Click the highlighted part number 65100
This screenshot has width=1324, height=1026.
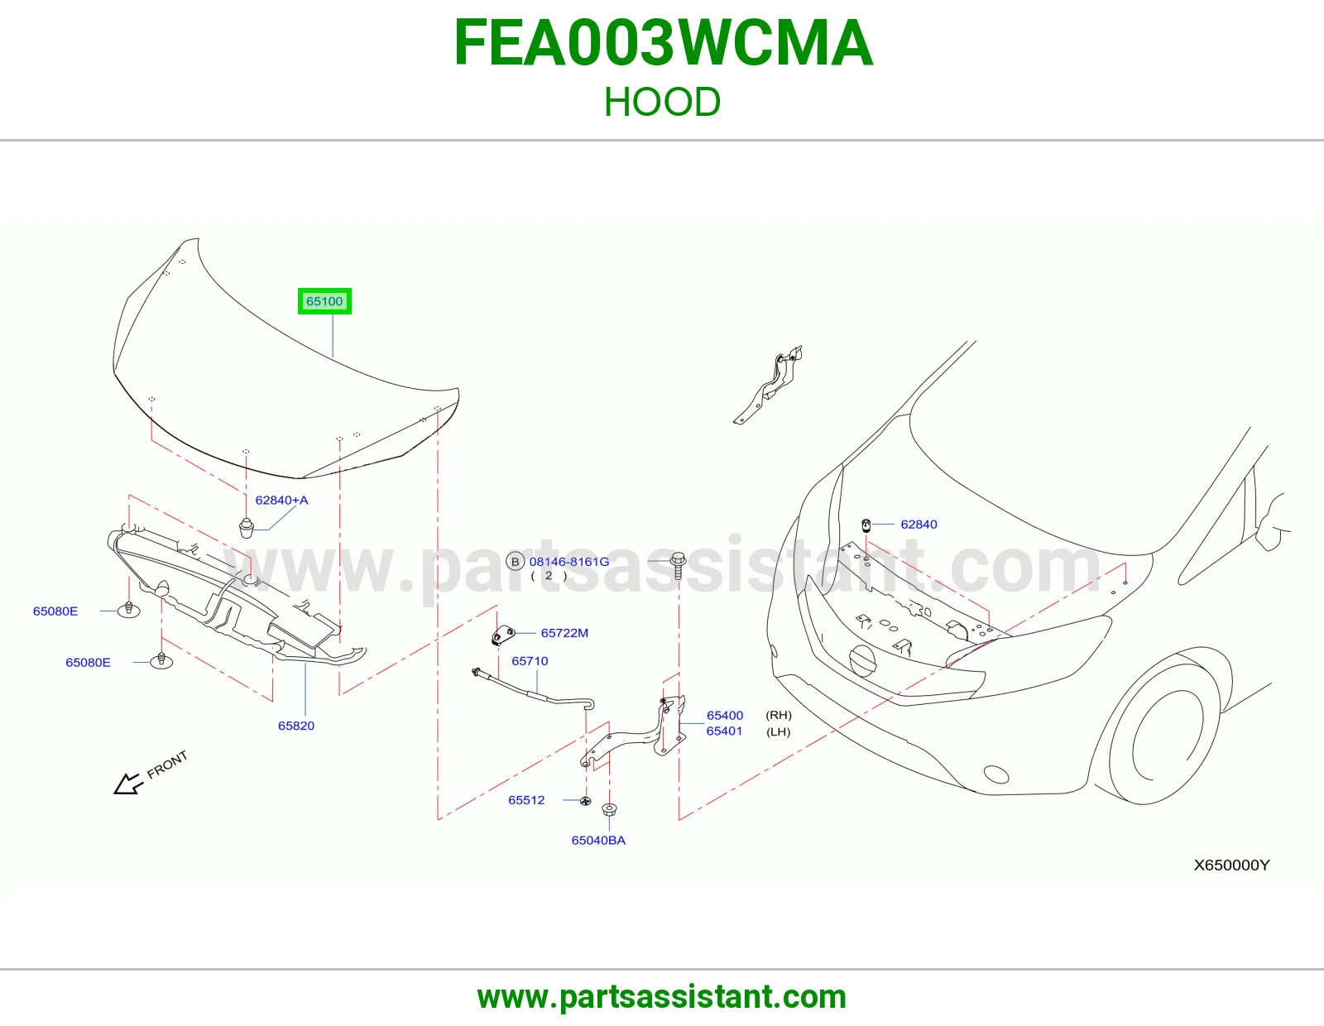324,301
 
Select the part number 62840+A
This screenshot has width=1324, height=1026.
281,501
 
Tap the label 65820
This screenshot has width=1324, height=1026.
296,726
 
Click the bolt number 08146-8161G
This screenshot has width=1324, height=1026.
569,562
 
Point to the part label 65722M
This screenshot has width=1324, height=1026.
564,633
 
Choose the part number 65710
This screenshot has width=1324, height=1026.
530,661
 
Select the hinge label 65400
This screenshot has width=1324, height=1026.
724,715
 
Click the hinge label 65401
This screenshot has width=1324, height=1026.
724,731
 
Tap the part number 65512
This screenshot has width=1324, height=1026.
526,800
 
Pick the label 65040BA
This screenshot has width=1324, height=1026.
598,840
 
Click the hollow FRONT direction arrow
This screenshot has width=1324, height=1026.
128,784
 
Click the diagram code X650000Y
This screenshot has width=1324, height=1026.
1231,865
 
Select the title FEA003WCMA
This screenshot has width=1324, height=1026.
663,43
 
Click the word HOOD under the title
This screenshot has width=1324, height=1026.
662,102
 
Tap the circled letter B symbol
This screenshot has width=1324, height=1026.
516,562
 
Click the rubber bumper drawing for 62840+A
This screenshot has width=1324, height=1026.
246,528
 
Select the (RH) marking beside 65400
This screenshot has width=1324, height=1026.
779,715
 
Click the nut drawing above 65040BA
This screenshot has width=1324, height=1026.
609,810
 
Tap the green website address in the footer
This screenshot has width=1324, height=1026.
662,997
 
